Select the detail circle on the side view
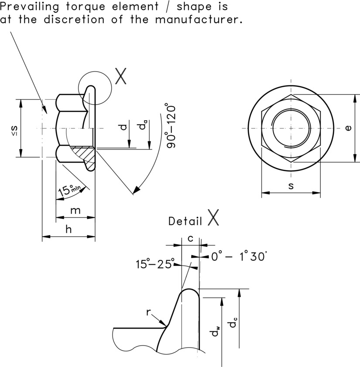coord(95,88)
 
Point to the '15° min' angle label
coord(70,190)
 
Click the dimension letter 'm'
coord(75,211)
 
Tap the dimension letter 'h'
coord(69,230)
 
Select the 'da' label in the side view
coord(142,126)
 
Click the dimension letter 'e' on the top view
coord(348,128)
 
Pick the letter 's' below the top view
coord(291,186)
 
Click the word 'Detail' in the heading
coord(185,221)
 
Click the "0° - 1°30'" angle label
coord(238,257)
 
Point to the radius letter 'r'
coord(148,312)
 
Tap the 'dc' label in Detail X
coord(234,323)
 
